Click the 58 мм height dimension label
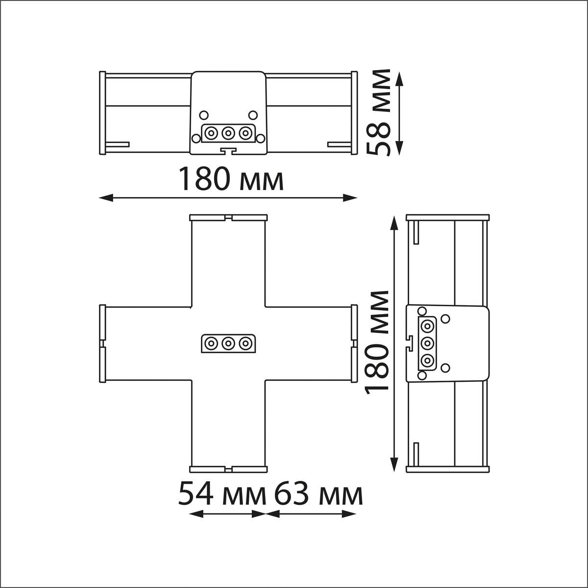coord(378,113)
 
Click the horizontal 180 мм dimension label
coord(231,179)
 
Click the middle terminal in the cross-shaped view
coord(228,344)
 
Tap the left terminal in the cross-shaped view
coord(210,344)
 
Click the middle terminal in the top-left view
coord(228,133)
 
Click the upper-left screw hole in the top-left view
coord(203,115)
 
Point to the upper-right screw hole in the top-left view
coord(253,115)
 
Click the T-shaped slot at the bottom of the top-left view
coord(228,151)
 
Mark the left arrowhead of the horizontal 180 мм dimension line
coord(106,198)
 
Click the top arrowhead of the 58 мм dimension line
coord(400,79)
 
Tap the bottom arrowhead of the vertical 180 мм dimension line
coord(395,465)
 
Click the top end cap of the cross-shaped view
coord(228,218)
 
